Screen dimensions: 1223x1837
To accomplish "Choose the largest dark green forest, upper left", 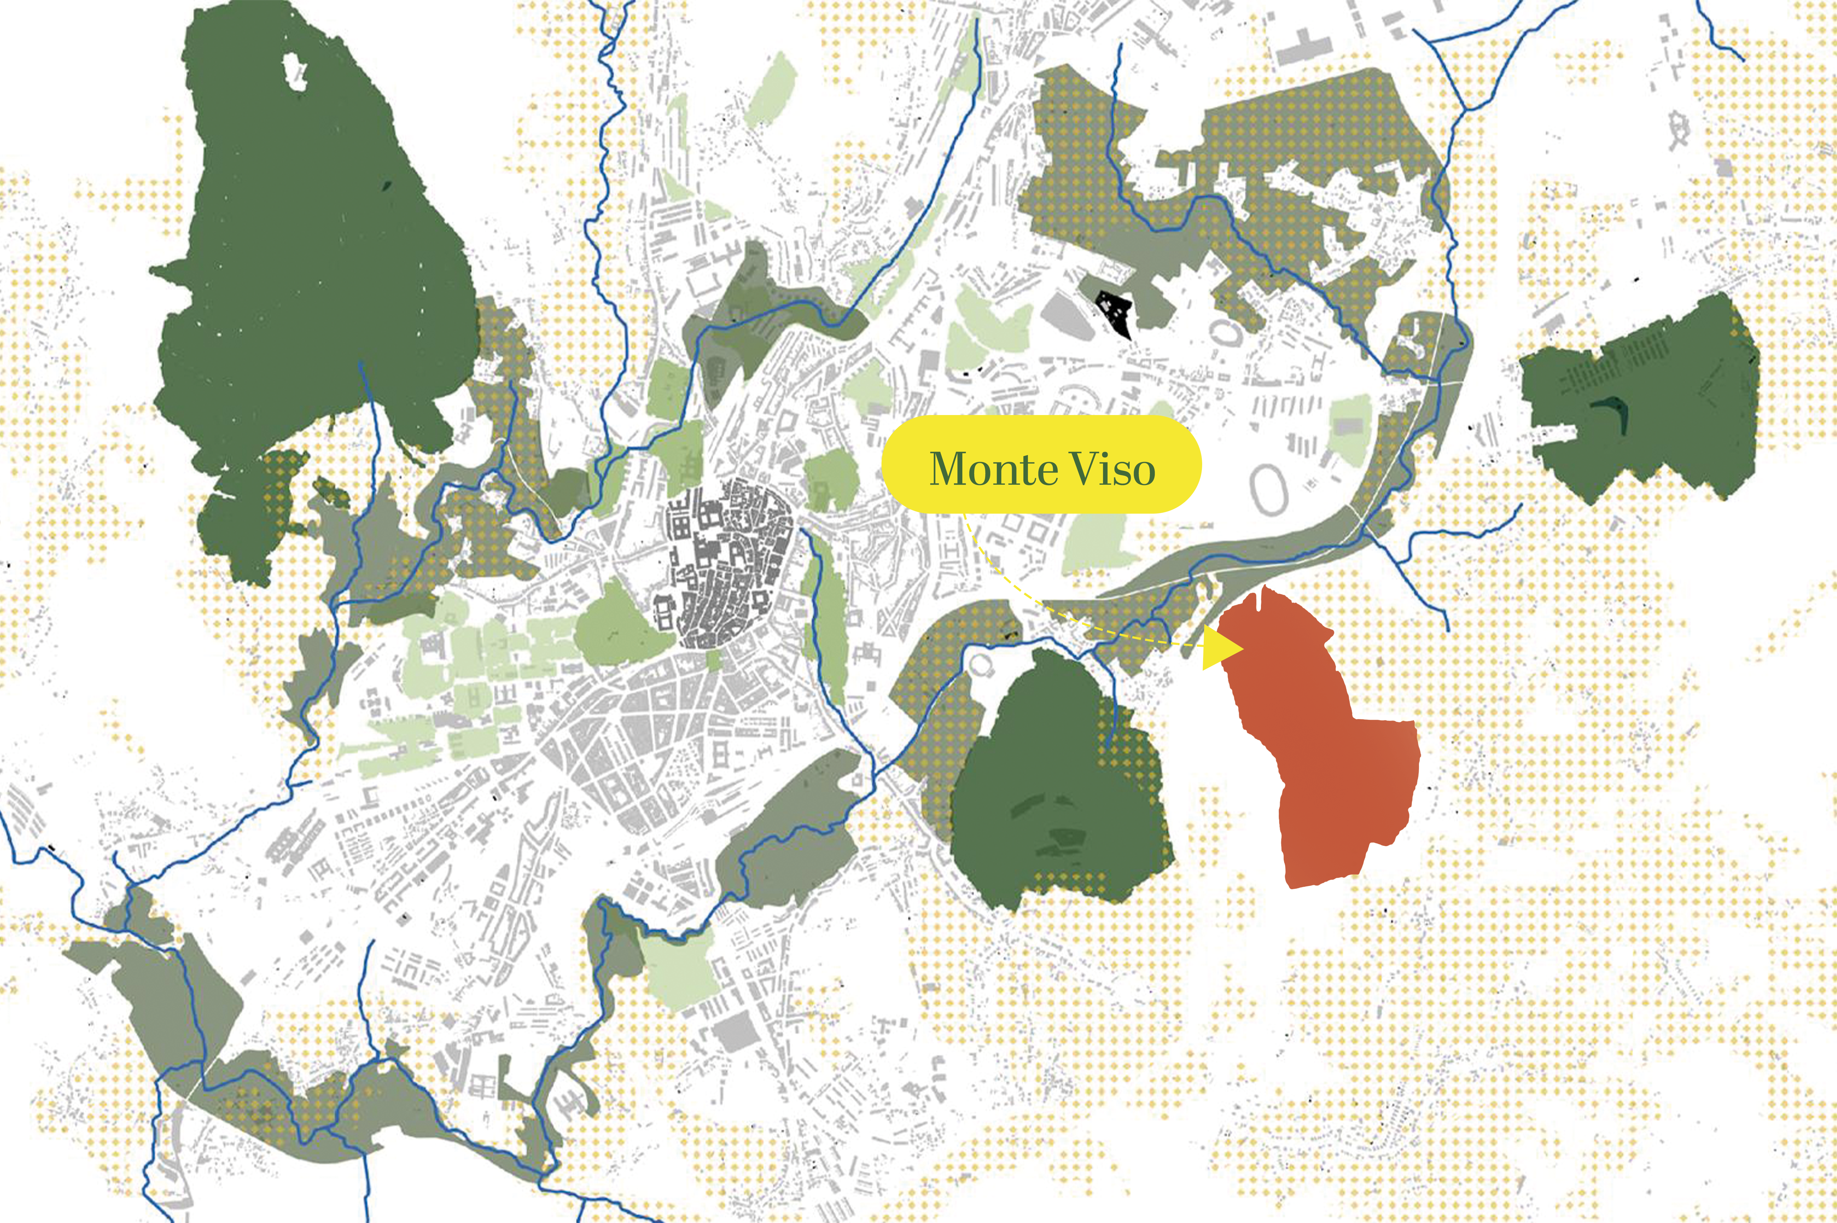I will click(312, 257).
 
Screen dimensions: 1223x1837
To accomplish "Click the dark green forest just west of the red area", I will click(1053, 788).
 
